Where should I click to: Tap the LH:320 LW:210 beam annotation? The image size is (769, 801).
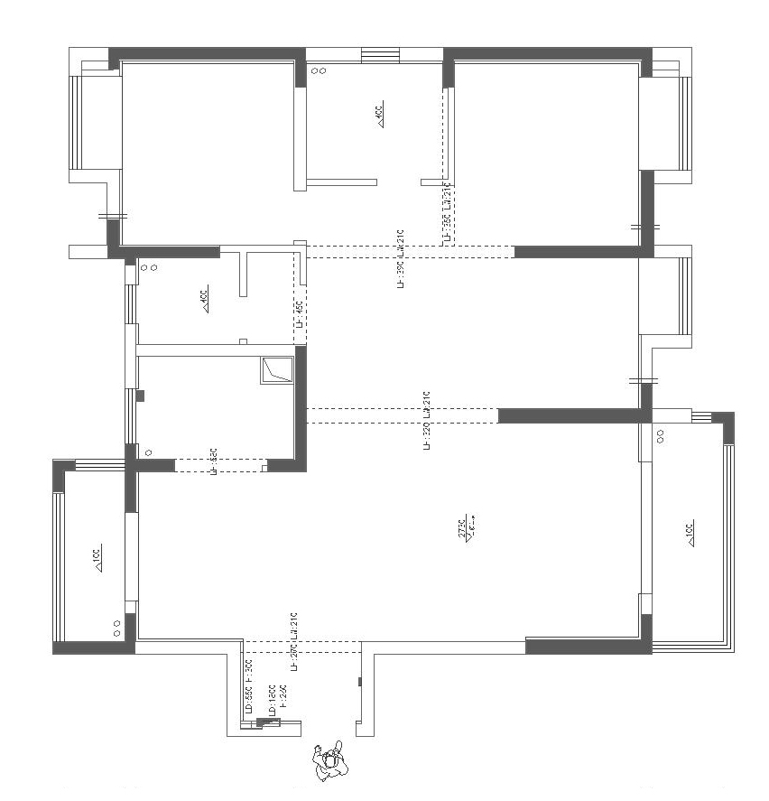[426, 421]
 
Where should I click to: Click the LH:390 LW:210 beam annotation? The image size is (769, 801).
[399, 258]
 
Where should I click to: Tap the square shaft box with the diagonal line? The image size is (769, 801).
[277, 370]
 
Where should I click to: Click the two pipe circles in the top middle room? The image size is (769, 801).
[319, 70]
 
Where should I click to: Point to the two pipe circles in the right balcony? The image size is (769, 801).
[661, 435]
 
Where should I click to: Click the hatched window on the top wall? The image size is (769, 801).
[374, 56]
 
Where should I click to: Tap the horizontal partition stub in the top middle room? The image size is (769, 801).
[340, 182]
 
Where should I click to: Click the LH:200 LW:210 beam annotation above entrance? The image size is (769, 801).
[293, 642]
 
